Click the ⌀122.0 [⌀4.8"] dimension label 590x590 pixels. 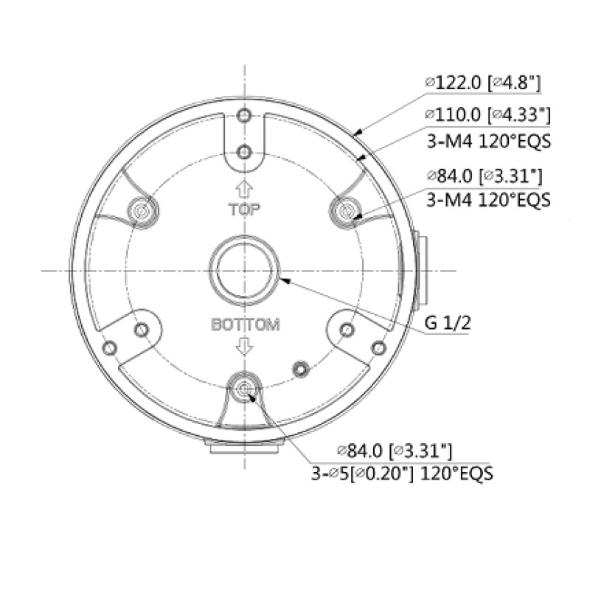483,83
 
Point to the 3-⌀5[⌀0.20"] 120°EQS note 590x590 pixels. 402,472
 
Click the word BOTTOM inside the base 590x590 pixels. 245,324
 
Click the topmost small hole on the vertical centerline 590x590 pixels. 245,116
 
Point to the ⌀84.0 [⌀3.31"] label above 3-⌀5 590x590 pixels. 394,450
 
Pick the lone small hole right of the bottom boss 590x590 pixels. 299,367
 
